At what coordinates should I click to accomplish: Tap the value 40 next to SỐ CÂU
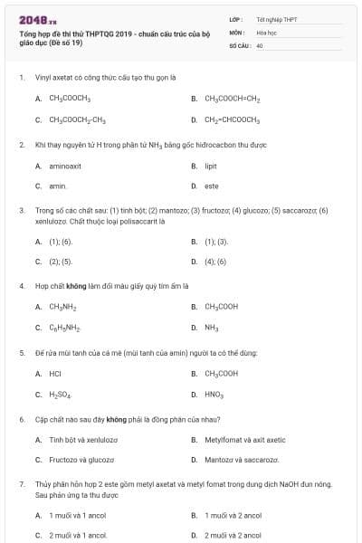tap(260, 44)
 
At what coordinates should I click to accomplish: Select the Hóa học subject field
tap(265, 32)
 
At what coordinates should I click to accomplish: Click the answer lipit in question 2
tap(211, 167)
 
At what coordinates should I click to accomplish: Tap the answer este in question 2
tap(211, 186)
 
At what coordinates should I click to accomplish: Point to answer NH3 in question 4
tap(212, 328)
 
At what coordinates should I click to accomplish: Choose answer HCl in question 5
tap(55, 373)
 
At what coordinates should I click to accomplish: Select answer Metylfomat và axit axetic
tap(244, 440)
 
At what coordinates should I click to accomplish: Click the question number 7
tap(22, 485)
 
